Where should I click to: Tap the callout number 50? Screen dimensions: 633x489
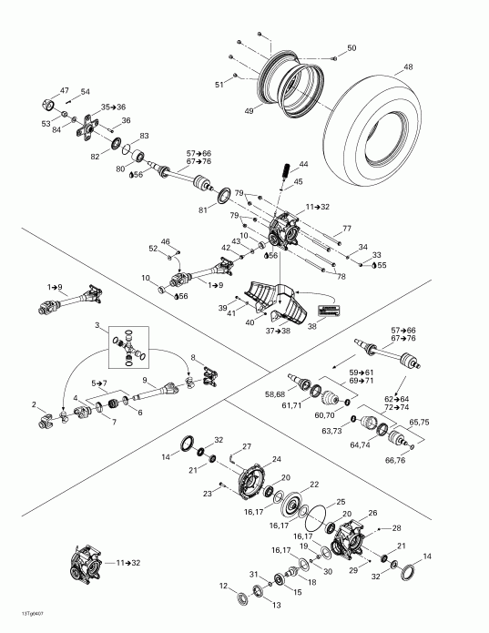pyautogui.click(x=351, y=47)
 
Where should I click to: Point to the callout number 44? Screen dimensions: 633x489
pyautogui.click(x=303, y=165)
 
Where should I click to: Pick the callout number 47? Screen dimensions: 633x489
pyautogui.click(x=65, y=90)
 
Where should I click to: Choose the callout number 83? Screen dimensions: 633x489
pyautogui.click(x=145, y=136)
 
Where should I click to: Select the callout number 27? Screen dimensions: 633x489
pyautogui.click(x=247, y=445)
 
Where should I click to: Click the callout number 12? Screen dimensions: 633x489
pyautogui.click(x=224, y=585)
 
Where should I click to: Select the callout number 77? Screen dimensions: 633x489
pyautogui.click(x=347, y=228)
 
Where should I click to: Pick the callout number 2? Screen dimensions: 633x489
pyautogui.click(x=35, y=404)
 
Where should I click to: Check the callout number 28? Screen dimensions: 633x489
pyautogui.click(x=396, y=528)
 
